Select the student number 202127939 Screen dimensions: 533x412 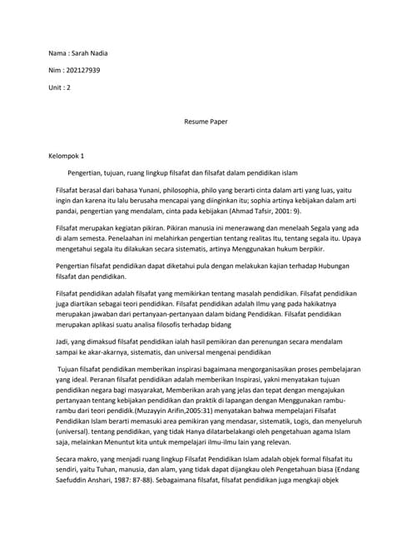pos(82,70)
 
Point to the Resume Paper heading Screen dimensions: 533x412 pos(206,122)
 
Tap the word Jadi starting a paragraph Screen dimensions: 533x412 pos(62,341)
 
